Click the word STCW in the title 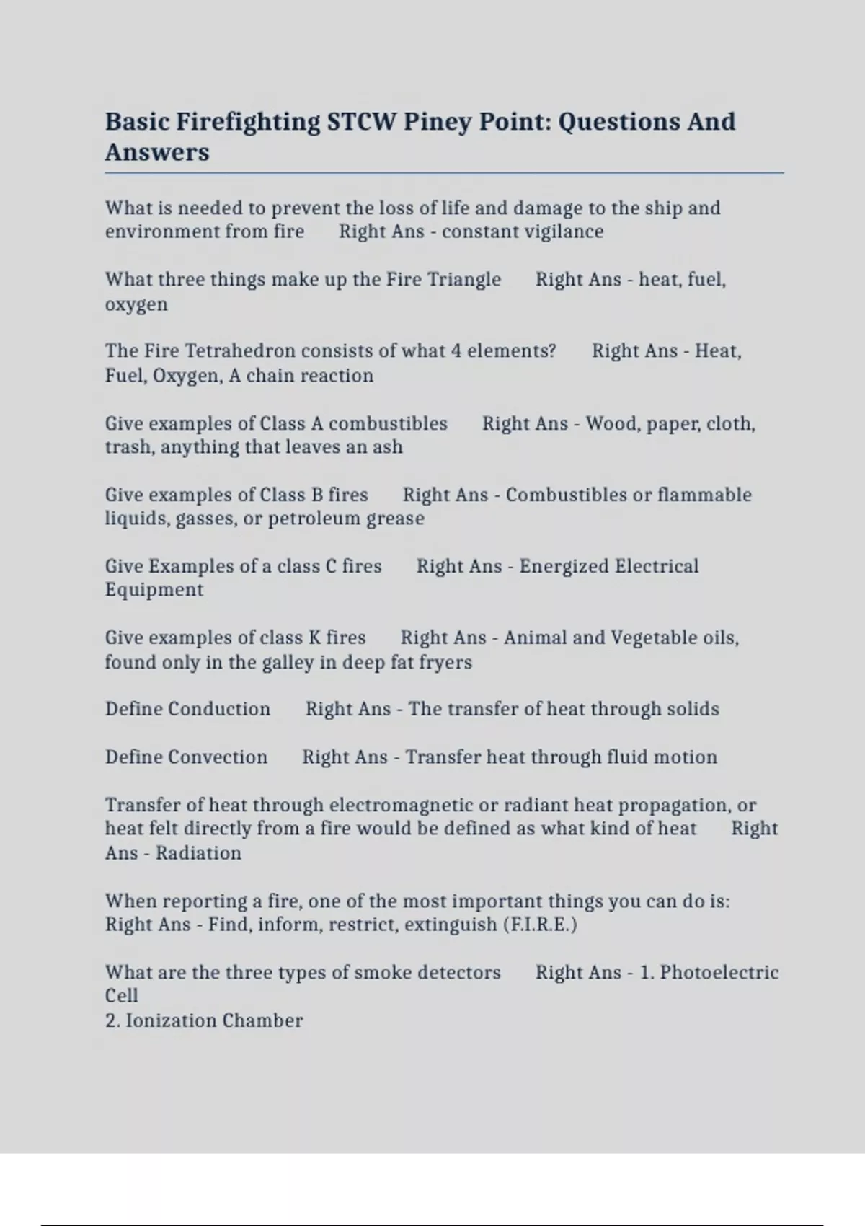[361, 121]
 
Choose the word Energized [564, 566]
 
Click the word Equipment [154, 590]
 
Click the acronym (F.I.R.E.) [539, 925]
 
